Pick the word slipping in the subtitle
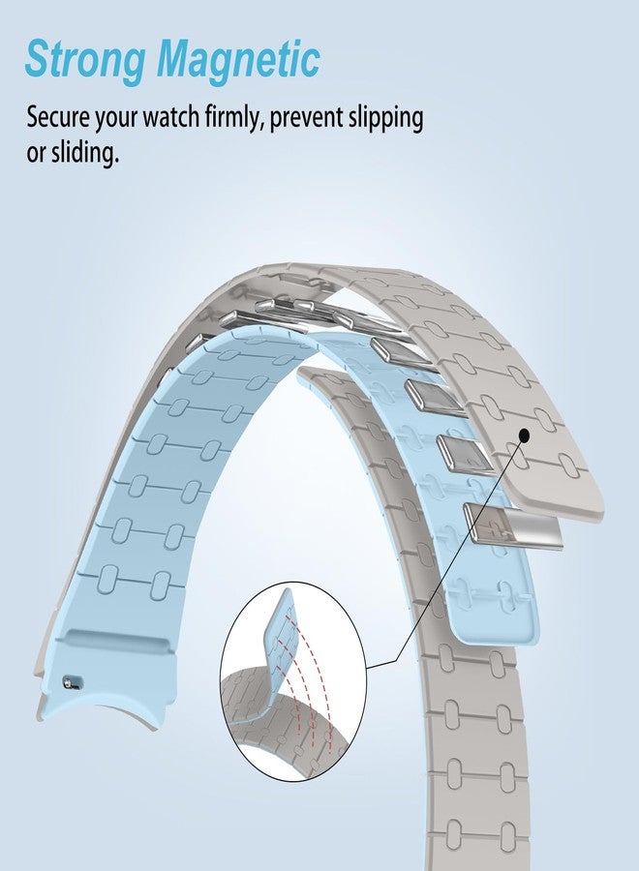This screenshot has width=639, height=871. pyautogui.click(x=385, y=119)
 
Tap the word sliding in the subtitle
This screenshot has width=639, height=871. pyautogui.click(x=85, y=152)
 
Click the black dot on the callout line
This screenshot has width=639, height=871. pyautogui.click(x=524, y=436)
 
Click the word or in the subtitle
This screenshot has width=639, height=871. pyautogui.click(x=36, y=154)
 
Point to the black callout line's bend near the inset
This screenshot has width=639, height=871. pyautogui.click(x=397, y=661)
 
